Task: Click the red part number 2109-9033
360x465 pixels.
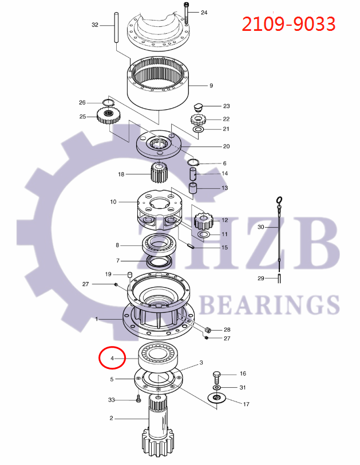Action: tap(288, 24)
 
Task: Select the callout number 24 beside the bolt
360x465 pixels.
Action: tap(204, 12)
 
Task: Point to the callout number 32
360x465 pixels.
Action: tap(95, 25)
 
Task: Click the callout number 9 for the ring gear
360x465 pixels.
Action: tap(211, 86)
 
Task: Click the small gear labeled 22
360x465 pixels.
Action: tap(197, 120)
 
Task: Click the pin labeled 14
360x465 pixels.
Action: tap(193, 173)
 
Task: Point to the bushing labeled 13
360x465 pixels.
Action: tap(195, 188)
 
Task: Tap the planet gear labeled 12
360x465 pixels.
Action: tap(203, 220)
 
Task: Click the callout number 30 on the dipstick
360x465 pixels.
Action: tap(260, 227)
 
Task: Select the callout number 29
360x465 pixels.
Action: tap(260, 279)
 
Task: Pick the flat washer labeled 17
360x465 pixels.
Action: tap(217, 398)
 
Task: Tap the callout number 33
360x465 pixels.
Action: tap(111, 399)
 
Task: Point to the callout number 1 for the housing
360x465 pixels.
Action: tap(97, 319)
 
